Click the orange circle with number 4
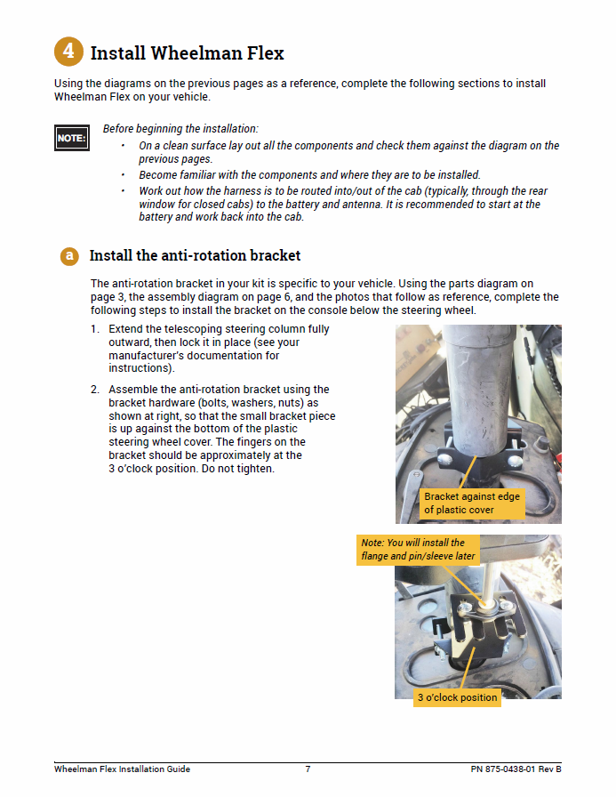click(x=68, y=52)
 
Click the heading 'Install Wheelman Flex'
click(x=187, y=53)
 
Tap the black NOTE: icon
click(x=71, y=138)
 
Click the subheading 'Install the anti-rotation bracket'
click(x=195, y=256)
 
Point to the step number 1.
click(x=94, y=329)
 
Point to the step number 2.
click(x=94, y=390)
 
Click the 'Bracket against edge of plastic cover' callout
click(x=471, y=503)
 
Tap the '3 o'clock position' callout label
click(x=457, y=697)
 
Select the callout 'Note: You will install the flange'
click(x=418, y=549)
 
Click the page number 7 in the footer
click(x=308, y=769)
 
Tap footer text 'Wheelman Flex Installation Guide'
click(x=122, y=769)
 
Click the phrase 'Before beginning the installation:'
click(x=180, y=129)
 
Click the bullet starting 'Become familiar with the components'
click(x=310, y=175)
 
